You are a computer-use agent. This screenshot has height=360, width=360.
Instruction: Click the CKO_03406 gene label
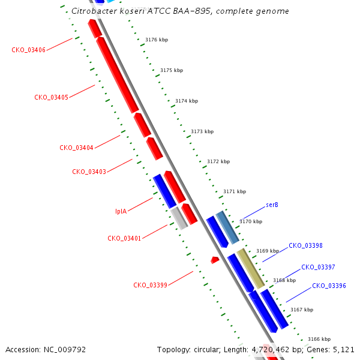[x=28, y=50]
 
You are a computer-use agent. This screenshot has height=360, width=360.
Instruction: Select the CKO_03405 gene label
[x=51, y=97]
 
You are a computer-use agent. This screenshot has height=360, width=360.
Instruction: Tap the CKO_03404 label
[x=76, y=148]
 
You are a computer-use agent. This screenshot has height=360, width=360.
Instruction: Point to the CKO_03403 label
[x=89, y=172]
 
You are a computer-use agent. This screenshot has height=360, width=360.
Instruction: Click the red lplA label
[x=121, y=211]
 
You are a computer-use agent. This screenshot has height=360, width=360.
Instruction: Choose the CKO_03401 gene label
[x=124, y=238]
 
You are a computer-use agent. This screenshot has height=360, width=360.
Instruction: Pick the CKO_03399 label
[x=150, y=285]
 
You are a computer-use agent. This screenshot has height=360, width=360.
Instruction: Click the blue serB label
[x=272, y=205]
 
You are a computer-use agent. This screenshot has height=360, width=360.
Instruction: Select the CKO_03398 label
[x=305, y=245]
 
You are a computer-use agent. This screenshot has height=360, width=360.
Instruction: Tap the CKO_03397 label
[x=318, y=267]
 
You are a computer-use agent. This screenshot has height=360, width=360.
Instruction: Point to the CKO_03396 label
[x=329, y=286]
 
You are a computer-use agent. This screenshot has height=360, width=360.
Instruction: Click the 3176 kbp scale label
[x=157, y=40]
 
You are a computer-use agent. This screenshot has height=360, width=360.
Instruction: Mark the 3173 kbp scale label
[x=202, y=131]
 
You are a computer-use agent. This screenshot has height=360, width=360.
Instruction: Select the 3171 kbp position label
[x=235, y=191]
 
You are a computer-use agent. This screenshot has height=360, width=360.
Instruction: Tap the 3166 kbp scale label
[x=319, y=339]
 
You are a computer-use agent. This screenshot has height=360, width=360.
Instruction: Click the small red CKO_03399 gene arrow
[x=215, y=260]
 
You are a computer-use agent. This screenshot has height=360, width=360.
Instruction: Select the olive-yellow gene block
[x=251, y=268]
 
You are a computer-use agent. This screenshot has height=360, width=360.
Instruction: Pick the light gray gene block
[x=179, y=218]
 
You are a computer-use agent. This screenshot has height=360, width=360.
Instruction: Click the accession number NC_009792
[x=65, y=350]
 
